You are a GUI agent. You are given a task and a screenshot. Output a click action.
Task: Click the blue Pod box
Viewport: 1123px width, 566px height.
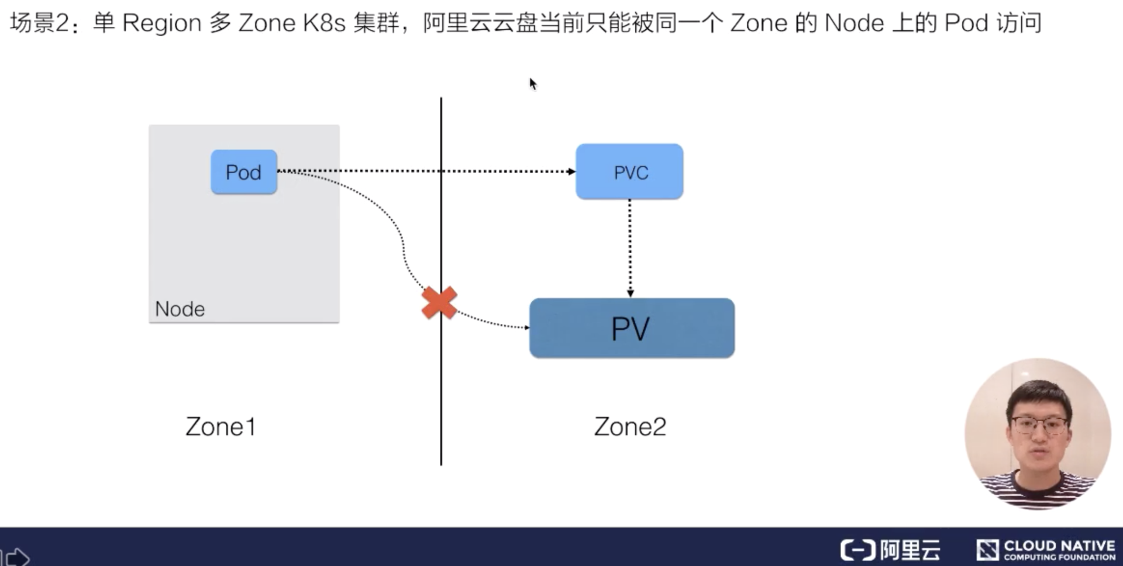tap(243, 172)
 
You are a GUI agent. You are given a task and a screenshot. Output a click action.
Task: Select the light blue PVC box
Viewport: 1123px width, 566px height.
tap(629, 172)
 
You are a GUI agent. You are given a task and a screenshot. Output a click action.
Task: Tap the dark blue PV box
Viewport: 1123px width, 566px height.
tap(632, 328)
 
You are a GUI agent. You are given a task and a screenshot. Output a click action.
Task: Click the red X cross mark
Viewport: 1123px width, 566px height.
tap(439, 302)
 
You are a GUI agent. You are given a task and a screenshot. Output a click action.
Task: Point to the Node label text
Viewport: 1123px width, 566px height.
tap(180, 309)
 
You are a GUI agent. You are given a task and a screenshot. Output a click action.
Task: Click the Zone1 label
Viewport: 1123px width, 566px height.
tap(221, 427)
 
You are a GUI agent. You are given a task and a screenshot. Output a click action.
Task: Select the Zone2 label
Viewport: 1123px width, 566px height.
tap(630, 427)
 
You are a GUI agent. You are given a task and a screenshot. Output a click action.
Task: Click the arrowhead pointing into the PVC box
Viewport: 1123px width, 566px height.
tap(571, 171)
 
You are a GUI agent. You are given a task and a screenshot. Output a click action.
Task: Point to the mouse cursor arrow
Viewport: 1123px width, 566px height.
tap(532, 84)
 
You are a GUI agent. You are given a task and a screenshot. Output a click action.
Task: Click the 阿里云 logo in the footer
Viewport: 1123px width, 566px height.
tap(890, 550)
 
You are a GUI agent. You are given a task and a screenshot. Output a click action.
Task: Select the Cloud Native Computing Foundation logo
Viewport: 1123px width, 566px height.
tap(1045, 550)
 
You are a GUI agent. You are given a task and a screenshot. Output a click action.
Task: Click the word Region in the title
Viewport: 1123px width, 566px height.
tap(161, 23)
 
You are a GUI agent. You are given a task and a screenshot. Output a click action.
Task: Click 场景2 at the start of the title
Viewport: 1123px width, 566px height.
tap(39, 23)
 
